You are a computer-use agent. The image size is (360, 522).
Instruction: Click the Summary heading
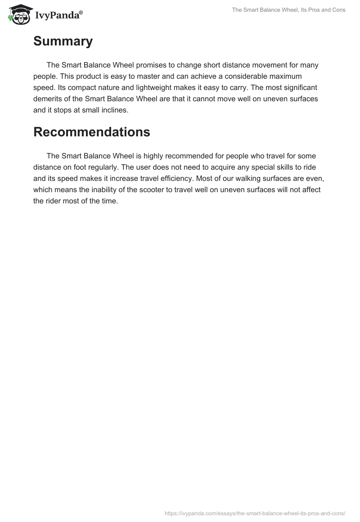(63, 41)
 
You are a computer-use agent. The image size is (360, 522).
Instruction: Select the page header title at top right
(288, 10)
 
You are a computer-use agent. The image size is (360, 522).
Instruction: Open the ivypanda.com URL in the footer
(255, 513)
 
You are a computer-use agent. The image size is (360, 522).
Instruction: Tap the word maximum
(288, 76)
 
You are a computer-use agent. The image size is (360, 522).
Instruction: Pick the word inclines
(114, 110)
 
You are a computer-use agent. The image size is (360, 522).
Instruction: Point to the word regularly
(97, 167)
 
